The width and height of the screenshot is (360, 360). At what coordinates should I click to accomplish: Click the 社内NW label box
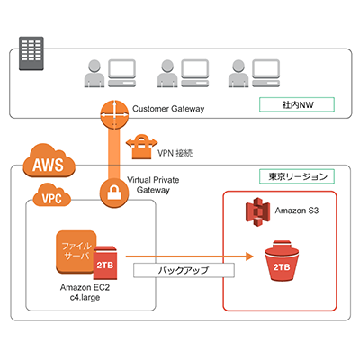(296, 105)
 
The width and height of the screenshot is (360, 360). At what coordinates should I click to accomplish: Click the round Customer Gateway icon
(114, 112)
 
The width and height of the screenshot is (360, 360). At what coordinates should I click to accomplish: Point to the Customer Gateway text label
(171, 109)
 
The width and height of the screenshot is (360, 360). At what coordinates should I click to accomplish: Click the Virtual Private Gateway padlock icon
(114, 190)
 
